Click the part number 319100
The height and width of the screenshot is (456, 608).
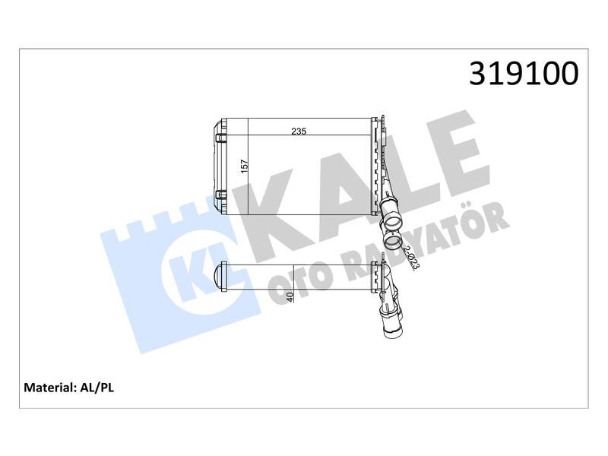[x=524, y=74]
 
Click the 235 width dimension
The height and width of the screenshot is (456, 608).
[x=299, y=131]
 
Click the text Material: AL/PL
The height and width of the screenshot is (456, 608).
[x=69, y=387]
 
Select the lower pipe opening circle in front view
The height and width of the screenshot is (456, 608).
[x=394, y=242]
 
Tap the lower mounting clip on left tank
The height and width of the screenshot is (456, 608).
[x=221, y=195]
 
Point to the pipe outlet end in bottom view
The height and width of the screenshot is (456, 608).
[x=395, y=332]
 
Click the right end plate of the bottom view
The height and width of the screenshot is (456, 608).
[x=375, y=277]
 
